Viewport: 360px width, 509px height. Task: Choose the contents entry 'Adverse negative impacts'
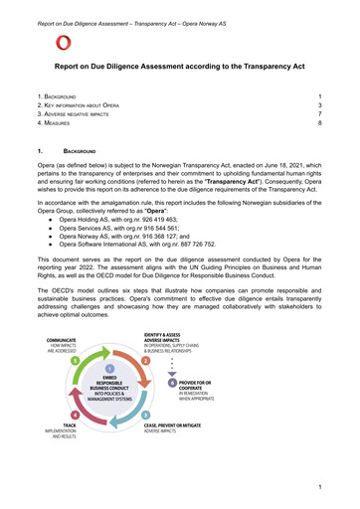(80, 116)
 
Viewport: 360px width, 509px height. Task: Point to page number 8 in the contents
(319, 127)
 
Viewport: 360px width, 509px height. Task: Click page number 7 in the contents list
(319, 116)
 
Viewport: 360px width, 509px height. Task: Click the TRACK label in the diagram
(58, 452)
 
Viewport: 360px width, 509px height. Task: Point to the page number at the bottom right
(320, 488)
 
